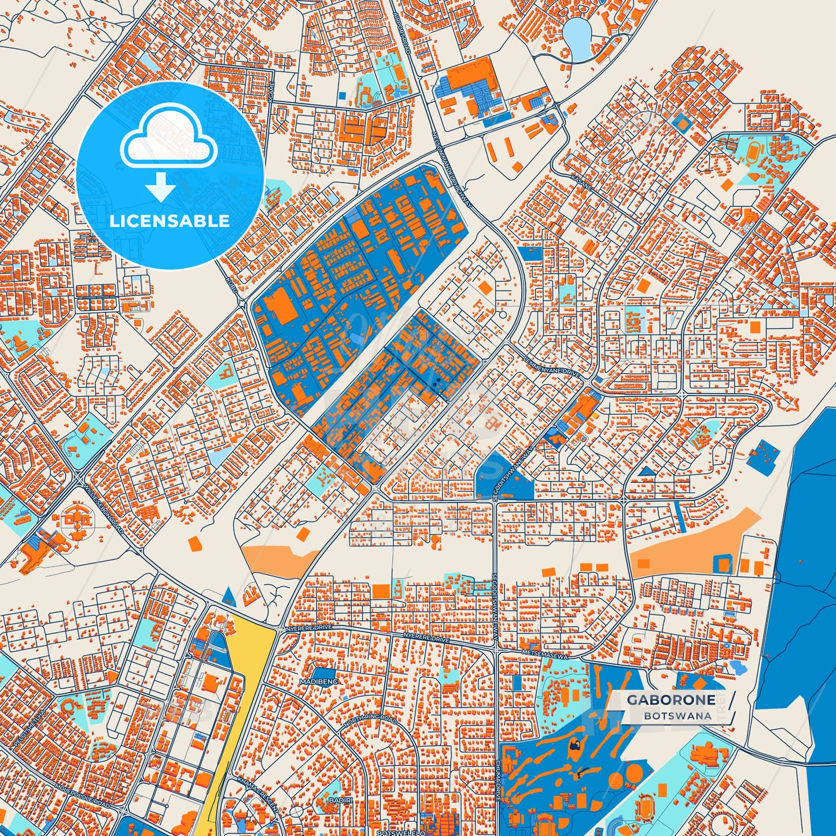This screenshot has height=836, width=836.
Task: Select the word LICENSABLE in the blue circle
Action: click(170, 220)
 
